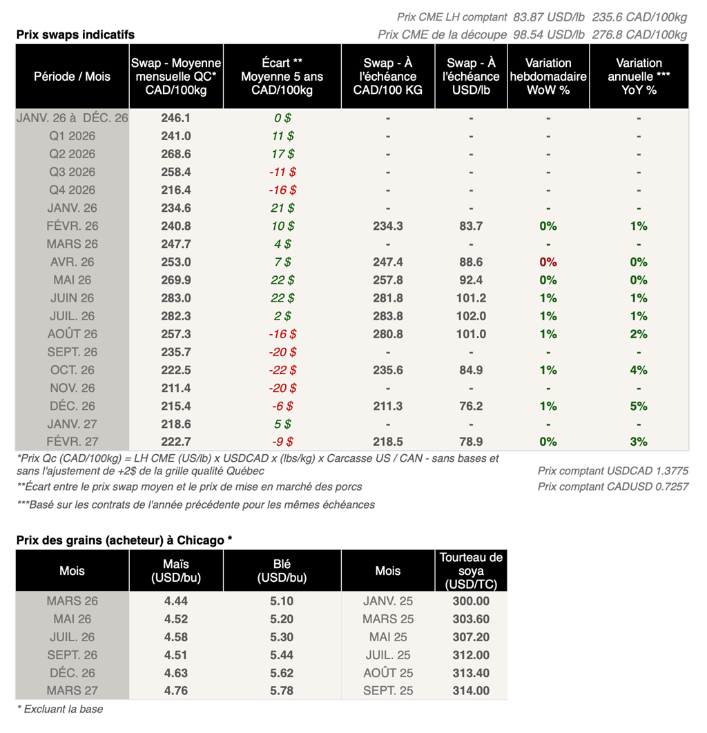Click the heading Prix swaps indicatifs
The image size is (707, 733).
tap(75, 35)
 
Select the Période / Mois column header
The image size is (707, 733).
tap(72, 77)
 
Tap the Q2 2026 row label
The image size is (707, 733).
tap(72, 154)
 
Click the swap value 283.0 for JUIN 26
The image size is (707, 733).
tap(176, 298)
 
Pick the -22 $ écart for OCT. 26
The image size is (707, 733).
tap(282, 370)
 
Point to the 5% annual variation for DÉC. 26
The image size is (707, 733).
tap(639, 406)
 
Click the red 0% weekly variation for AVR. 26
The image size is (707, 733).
tap(548, 262)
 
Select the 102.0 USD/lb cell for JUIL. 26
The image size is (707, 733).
tap(471, 316)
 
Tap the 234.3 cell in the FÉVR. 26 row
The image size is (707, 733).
tap(388, 226)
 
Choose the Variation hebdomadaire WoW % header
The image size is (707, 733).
tap(548, 77)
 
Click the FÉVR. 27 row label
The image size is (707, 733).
tap(72, 442)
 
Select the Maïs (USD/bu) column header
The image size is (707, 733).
tap(176, 571)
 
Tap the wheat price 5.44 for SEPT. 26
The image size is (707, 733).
tap(282, 655)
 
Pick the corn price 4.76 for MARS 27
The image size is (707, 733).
tap(176, 691)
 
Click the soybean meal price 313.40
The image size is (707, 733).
tap(471, 673)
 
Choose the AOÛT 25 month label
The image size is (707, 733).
tap(388, 673)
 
